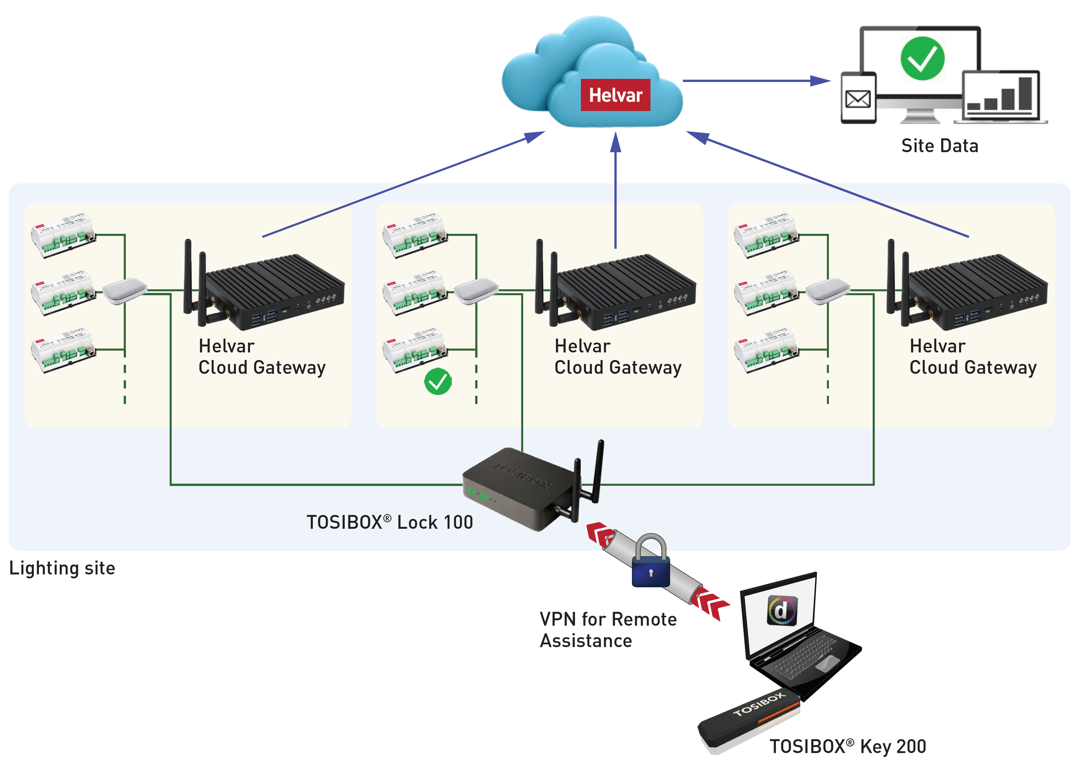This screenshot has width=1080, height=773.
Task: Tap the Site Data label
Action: click(939, 146)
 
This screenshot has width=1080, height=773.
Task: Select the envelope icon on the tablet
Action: click(858, 99)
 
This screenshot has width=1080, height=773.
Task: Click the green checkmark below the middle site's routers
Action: click(437, 381)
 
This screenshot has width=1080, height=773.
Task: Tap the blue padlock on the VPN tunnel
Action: click(651, 564)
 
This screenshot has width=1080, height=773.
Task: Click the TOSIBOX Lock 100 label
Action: click(389, 522)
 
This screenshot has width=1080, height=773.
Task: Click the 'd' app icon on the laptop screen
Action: click(781, 611)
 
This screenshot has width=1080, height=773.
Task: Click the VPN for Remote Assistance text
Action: click(608, 630)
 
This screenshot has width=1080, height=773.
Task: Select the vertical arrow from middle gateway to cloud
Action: click(616, 190)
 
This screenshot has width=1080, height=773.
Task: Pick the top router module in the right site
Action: click(766, 235)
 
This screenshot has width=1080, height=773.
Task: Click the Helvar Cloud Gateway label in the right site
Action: click(972, 357)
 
